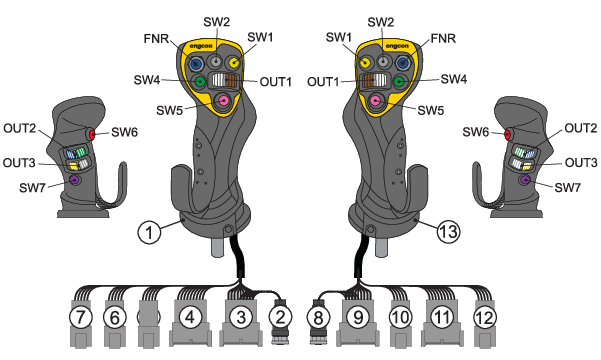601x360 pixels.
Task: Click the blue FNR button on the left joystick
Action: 197,63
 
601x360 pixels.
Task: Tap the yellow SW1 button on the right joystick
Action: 364,62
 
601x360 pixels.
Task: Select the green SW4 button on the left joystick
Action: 199,81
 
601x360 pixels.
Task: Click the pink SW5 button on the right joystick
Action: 376,101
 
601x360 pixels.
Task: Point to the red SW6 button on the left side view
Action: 92,134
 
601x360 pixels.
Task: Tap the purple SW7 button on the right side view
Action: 524,179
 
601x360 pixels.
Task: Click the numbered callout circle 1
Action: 149,232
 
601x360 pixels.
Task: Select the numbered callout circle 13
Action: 448,231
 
